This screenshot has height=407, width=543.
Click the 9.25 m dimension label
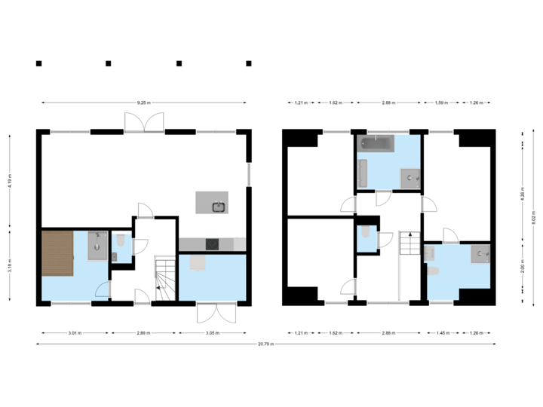tap(143, 103)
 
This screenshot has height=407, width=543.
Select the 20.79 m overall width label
tap(265, 344)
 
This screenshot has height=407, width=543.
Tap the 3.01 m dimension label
tap(74, 332)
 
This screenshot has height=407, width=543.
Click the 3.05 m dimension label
tap(212, 332)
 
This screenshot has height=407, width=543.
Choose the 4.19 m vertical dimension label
tap(9, 182)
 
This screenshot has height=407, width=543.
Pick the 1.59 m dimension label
tap(443, 103)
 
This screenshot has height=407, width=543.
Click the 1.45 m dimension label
tap(443, 332)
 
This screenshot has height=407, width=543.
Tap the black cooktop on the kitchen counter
tap(213, 243)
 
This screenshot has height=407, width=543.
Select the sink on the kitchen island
tap(219, 205)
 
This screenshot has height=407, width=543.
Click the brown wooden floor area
tap(57, 254)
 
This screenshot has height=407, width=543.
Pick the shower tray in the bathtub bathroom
tap(412, 178)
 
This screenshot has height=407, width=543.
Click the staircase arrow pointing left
tap(160, 286)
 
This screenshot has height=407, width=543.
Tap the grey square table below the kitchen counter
tap(198, 262)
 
